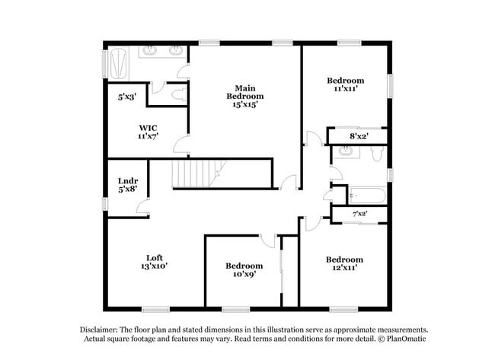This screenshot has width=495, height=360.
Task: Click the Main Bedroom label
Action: tap(244, 96)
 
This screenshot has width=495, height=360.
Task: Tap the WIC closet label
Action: tap(147, 131)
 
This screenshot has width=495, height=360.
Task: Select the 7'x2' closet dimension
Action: tap(360, 215)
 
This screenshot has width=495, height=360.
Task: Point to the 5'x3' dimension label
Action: tap(127, 97)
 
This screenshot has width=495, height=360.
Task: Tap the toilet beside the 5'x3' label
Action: tap(178, 95)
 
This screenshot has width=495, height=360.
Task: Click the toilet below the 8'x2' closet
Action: tap(375, 155)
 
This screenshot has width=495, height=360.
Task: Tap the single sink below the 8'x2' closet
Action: tap(345, 151)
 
